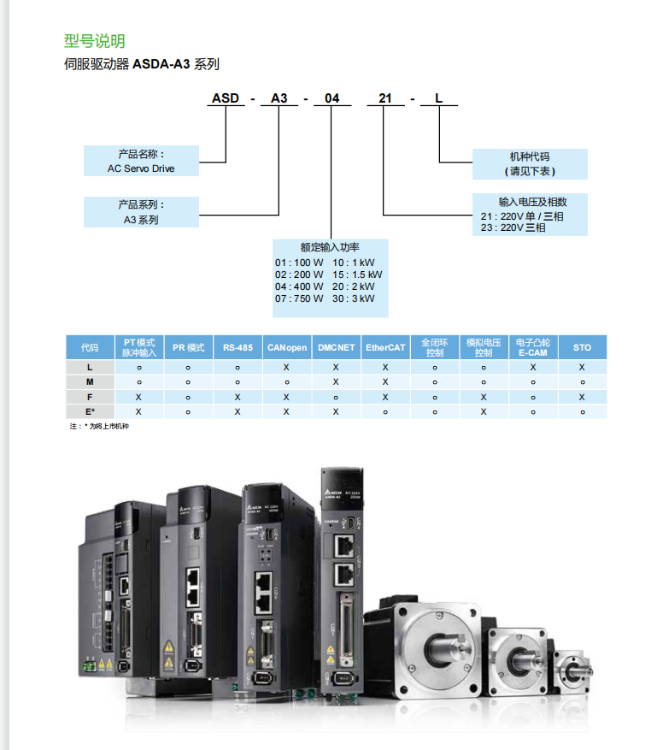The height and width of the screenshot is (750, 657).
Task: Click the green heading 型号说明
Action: pyautogui.click(x=95, y=40)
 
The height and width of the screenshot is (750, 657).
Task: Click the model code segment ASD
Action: pyautogui.click(x=226, y=98)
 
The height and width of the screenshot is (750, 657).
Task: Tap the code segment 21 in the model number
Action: pyautogui.click(x=385, y=98)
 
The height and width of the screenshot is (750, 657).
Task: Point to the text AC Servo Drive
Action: pyautogui.click(x=141, y=168)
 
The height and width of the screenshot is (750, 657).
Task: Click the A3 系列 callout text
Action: pyautogui.click(x=141, y=220)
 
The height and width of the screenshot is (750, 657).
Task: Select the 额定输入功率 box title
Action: pyautogui.click(x=330, y=246)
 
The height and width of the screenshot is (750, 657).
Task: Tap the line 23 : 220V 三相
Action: pyautogui.click(x=513, y=227)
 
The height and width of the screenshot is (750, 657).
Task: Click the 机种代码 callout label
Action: pyautogui.click(x=530, y=157)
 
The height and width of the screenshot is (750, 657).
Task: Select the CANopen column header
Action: pyautogui.click(x=287, y=348)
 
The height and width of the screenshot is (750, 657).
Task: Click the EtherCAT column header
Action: pyautogui.click(x=385, y=348)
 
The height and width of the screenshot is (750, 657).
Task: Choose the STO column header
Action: pyautogui.click(x=582, y=348)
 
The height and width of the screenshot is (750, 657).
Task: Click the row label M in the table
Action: pyautogui.click(x=90, y=381)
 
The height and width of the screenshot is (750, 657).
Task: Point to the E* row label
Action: pyautogui.click(x=90, y=411)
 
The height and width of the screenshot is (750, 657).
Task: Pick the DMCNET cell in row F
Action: pyautogui.click(x=336, y=397)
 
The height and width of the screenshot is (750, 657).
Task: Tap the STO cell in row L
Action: pyautogui.click(x=582, y=366)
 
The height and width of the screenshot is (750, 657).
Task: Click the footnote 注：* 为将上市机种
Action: pyautogui.click(x=99, y=426)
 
